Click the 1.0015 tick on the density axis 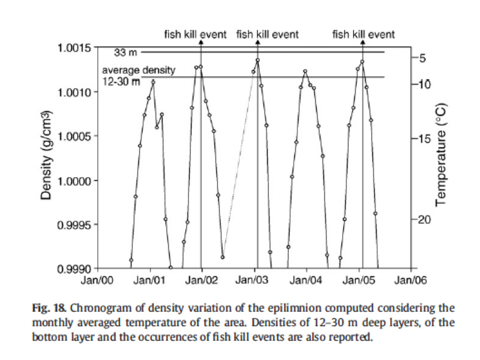tap(75, 48)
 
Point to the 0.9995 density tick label tap(75, 225)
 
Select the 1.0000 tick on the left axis tap(75, 180)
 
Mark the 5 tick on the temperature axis tap(420, 59)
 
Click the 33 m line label tap(125, 52)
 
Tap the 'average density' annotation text tap(139, 71)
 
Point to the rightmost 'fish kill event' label tap(363, 34)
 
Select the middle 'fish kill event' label tap(267, 34)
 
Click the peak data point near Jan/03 tap(257, 60)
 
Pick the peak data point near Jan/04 tap(305, 71)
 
